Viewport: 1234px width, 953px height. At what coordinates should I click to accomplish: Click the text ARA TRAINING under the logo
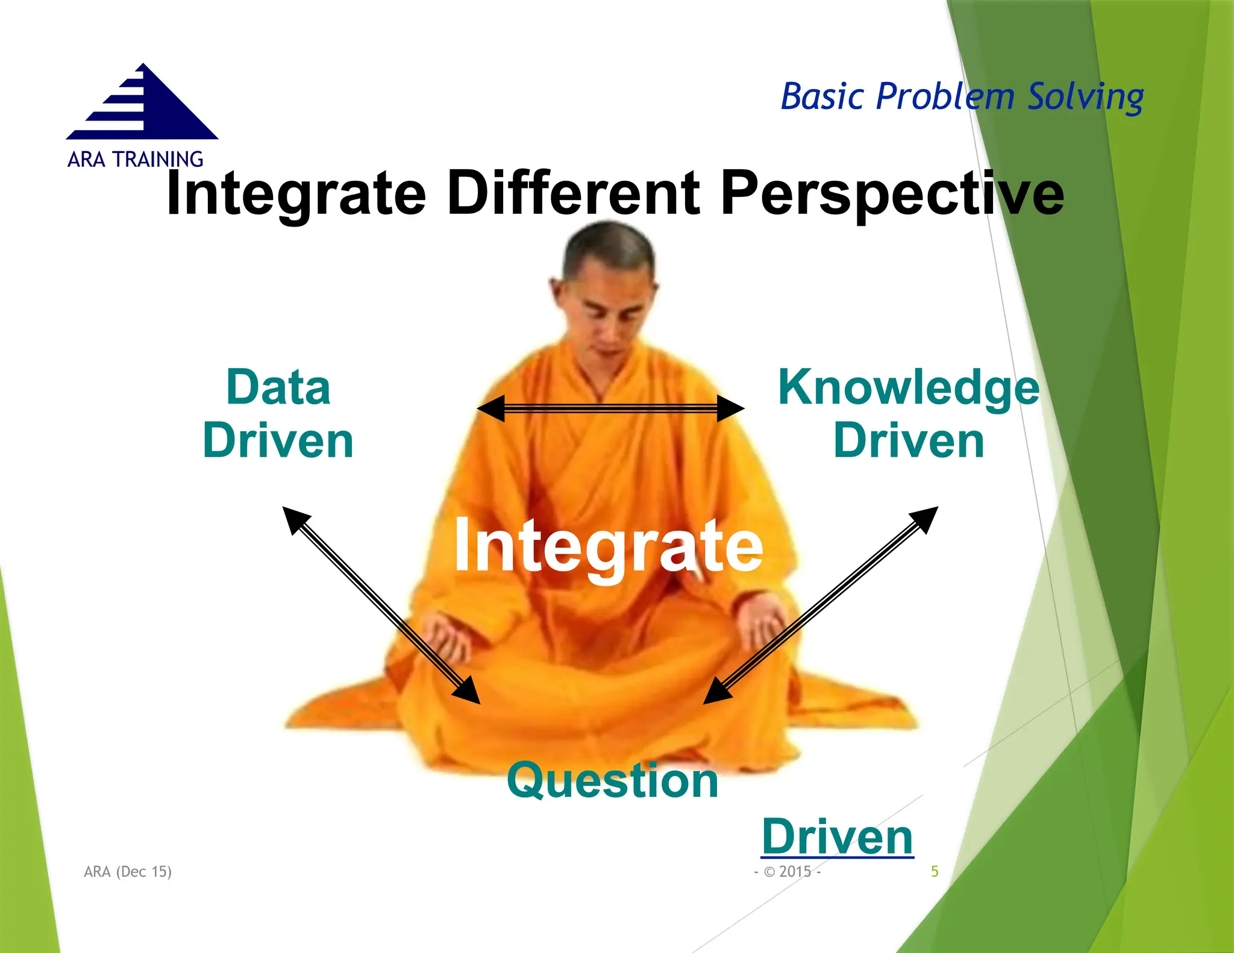[135, 160]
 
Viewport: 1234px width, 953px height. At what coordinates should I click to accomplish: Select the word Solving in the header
[1085, 98]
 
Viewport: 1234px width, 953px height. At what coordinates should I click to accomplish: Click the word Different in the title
[573, 193]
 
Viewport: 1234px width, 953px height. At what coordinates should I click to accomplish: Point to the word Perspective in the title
[892, 195]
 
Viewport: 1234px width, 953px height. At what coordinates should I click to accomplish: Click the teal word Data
[278, 387]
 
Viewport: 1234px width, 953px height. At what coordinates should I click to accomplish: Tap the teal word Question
[613, 781]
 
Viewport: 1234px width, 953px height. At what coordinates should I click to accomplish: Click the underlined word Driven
[837, 837]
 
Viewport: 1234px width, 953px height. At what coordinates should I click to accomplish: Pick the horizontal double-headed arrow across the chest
[610, 409]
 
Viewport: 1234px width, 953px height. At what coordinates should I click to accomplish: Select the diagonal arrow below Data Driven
[381, 605]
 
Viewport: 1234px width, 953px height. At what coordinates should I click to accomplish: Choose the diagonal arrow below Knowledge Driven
[821, 605]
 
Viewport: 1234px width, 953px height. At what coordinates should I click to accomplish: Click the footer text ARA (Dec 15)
[128, 872]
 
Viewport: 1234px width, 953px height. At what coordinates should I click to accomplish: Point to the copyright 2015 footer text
[788, 872]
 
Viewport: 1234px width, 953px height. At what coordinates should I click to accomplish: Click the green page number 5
[935, 872]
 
